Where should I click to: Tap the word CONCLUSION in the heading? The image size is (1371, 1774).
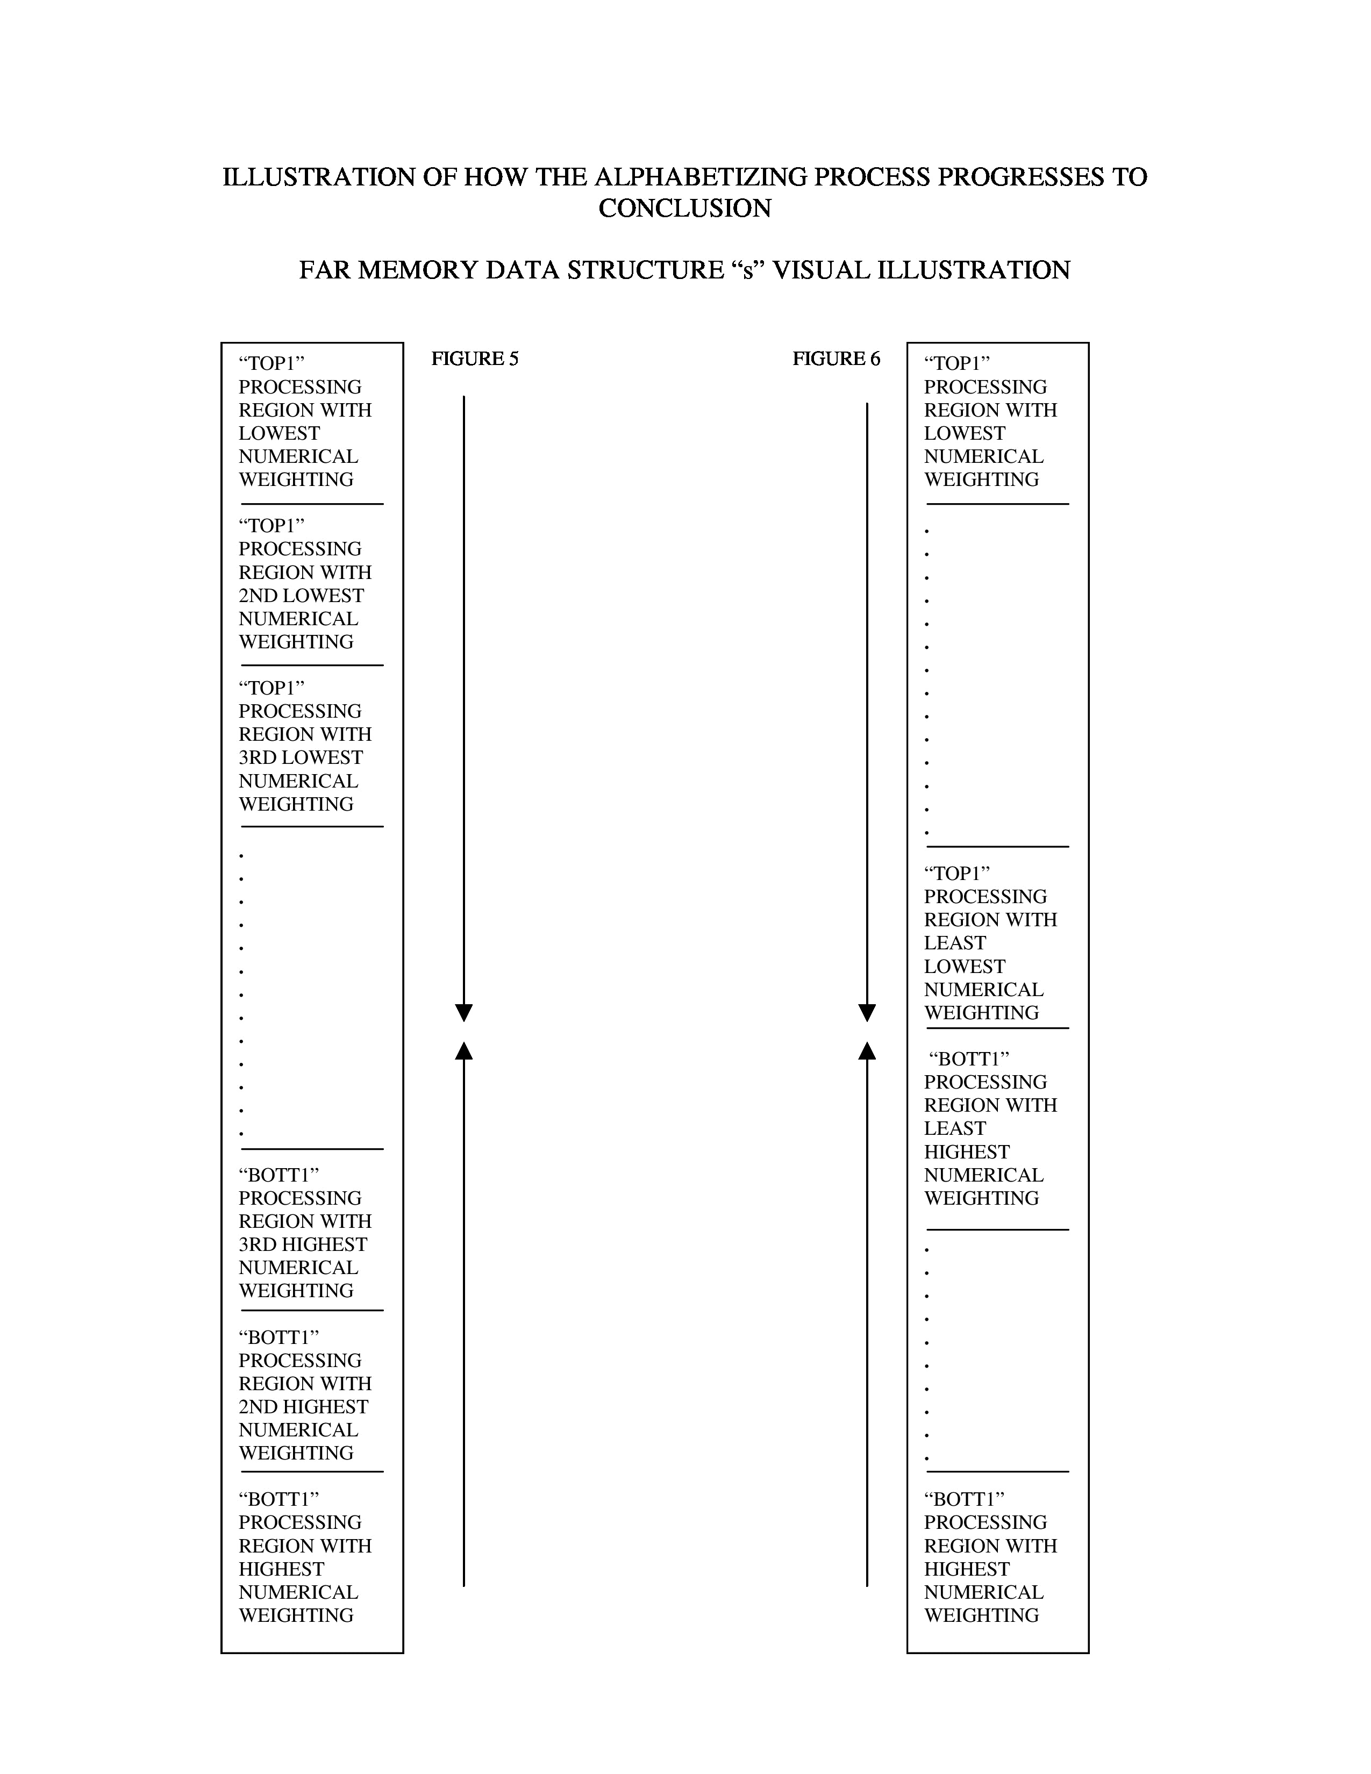point(684,209)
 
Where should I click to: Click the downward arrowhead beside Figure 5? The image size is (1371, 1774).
point(464,1012)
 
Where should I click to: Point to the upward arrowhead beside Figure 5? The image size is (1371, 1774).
point(464,1051)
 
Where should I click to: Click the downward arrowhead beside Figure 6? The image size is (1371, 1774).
point(867,1012)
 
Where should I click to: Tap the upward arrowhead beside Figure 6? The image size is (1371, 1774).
point(867,1051)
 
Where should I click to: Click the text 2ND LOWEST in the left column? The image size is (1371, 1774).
point(301,596)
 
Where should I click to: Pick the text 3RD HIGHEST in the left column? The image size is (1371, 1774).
point(302,1244)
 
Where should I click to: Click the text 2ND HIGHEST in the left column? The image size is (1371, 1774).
point(303,1406)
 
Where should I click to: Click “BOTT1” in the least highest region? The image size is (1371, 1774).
point(968,1059)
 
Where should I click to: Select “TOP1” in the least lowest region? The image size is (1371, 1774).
point(957,874)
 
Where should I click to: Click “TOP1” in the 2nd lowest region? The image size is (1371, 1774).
point(272,526)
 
